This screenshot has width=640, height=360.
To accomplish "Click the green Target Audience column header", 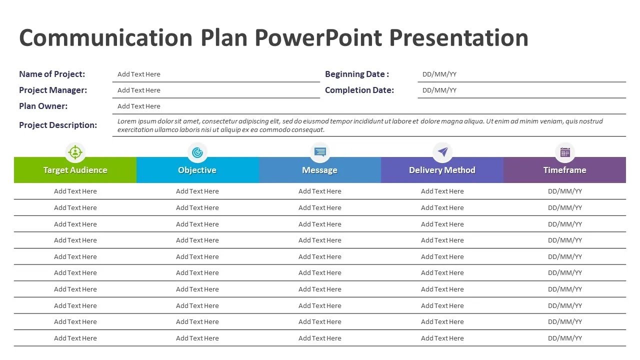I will (x=75, y=170).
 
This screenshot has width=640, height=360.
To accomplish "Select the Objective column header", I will (x=197, y=170).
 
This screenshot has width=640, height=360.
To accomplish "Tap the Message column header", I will (x=319, y=170).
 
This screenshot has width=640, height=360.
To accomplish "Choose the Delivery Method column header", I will (x=442, y=170).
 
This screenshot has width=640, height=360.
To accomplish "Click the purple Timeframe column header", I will (x=564, y=170).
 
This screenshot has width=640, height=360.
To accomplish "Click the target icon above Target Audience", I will (x=75, y=152).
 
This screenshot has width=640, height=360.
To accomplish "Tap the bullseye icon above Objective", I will (x=197, y=152).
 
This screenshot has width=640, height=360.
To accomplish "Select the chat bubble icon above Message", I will (x=320, y=152).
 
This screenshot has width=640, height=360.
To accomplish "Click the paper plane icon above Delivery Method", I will (x=442, y=152).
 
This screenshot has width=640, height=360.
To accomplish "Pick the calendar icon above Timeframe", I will (x=565, y=152).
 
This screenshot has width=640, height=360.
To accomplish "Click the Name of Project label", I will (x=52, y=74).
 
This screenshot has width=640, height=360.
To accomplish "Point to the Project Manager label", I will (x=53, y=90).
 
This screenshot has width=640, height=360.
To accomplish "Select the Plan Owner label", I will (x=43, y=106).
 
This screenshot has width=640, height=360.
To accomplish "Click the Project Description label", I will (x=58, y=125).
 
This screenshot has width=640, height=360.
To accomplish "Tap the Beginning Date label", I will (x=356, y=74).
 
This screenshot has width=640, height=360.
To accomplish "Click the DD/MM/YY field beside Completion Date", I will (x=439, y=90).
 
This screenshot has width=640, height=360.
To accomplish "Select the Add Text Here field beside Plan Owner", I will (x=139, y=106).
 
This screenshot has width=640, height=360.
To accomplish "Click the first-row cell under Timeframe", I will (x=565, y=191).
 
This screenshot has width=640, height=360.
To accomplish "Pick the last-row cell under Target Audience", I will (x=75, y=338).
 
